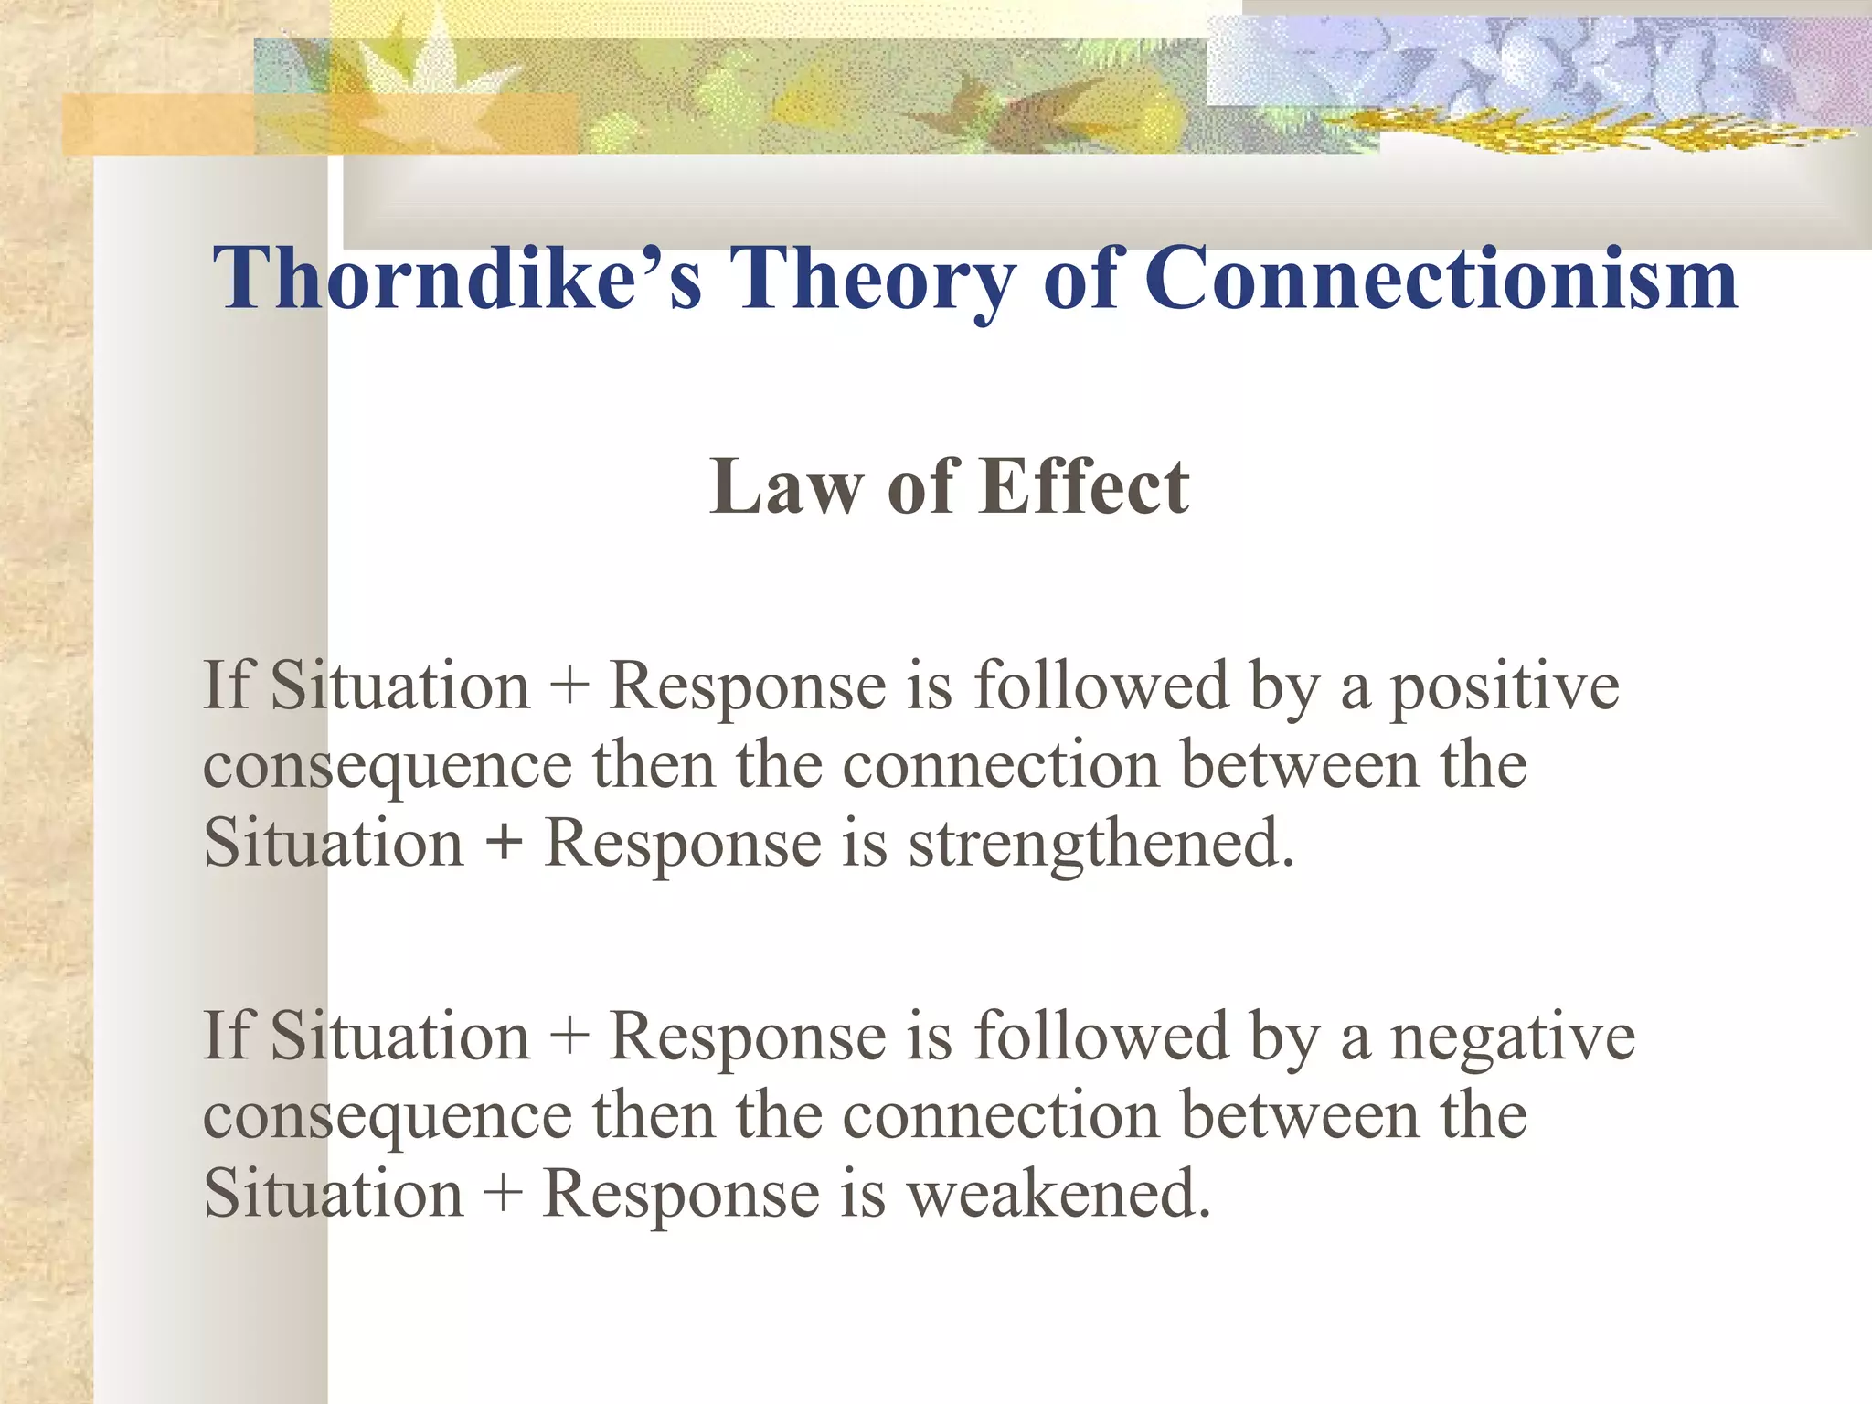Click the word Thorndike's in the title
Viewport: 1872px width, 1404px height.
pyautogui.click(x=457, y=279)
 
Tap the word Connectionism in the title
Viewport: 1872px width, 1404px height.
pyautogui.click(x=1440, y=279)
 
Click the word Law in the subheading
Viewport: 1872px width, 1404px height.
pyautogui.click(x=784, y=488)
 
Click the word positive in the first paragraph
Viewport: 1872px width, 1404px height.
pyautogui.click(x=1505, y=687)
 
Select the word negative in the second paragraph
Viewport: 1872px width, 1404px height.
pyautogui.click(x=1512, y=1038)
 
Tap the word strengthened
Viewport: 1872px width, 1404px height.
pyautogui.click(x=1101, y=843)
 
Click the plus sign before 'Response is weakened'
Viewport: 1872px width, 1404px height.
pyautogui.click(x=502, y=1194)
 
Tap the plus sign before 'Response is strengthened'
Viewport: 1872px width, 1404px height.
pyautogui.click(x=504, y=843)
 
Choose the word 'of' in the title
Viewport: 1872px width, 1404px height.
pyautogui.click(x=1080, y=279)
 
